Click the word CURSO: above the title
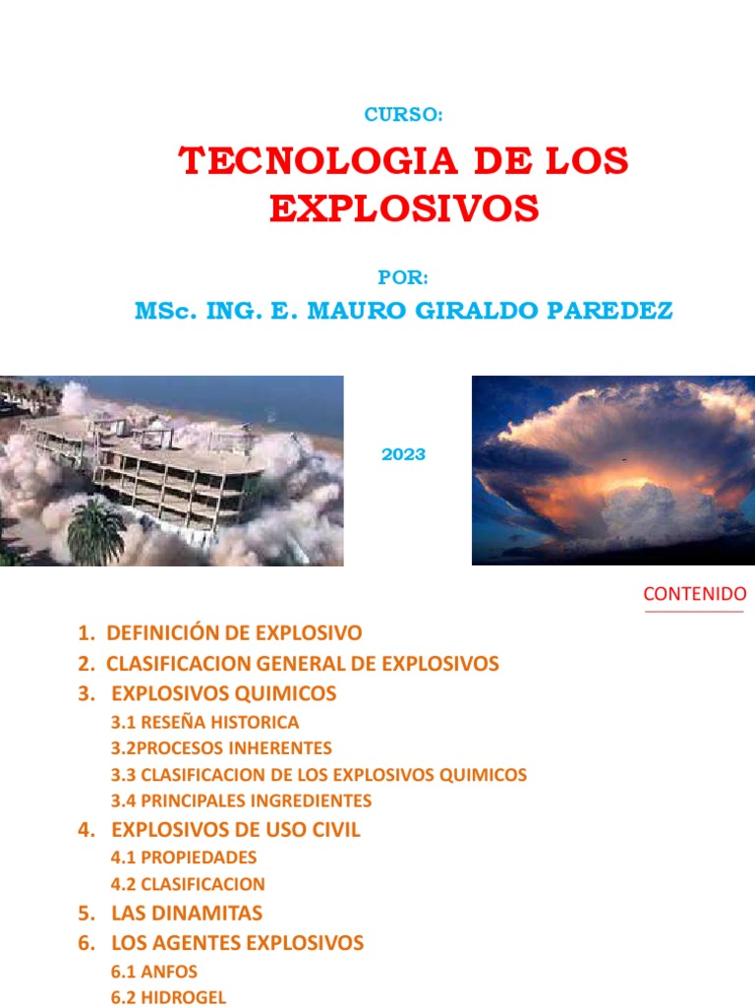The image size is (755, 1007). pyautogui.click(x=403, y=114)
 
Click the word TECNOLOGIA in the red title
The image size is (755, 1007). pyautogui.click(x=319, y=160)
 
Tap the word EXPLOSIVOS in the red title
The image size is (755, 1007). pyautogui.click(x=404, y=208)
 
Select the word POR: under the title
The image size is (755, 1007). pyautogui.click(x=402, y=277)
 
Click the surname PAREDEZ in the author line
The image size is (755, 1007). pyautogui.click(x=610, y=311)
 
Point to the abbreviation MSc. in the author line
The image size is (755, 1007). pyautogui.click(x=165, y=311)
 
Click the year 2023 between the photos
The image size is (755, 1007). pyautogui.click(x=403, y=454)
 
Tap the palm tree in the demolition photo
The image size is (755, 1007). pyautogui.click(x=96, y=532)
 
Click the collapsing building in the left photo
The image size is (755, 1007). pyautogui.click(x=147, y=469)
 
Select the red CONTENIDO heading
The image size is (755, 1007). pyautogui.click(x=695, y=594)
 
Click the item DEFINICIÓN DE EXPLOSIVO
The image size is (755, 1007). pyautogui.click(x=234, y=632)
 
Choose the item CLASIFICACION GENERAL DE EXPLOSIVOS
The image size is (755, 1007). pyautogui.click(x=303, y=664)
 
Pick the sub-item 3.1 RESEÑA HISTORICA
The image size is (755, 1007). pyautogui.click(x=204, y=723)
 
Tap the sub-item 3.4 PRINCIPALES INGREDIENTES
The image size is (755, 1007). pyautogui.click(x=242, y=800)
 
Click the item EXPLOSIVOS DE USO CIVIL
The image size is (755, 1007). pyautogui.click(x=236, y=830)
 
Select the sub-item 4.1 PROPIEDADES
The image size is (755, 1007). pyautogui.click(x=184, y=858)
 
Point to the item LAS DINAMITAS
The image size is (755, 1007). pyautogui.click(x=187, y=914)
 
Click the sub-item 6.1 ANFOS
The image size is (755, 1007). pyautogui.click(x=154, y=972)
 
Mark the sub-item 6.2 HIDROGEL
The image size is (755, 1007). pyautogui.click(x=168, y=997)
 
